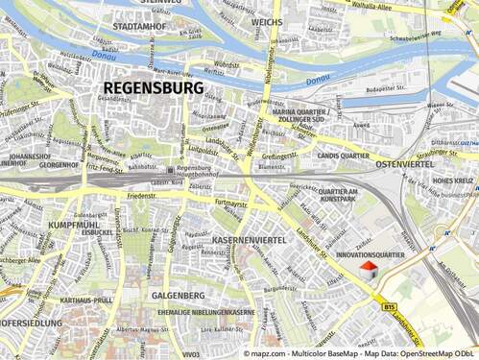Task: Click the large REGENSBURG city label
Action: tap(152, 87)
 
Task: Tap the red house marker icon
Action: tap(368, 273)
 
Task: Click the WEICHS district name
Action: tap(266, 20)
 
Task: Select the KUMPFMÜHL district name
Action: tap(72, 224)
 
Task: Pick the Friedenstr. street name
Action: tap(141, 196)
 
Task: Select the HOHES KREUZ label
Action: tap(452, 180)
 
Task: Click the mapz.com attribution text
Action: tap(272, 353)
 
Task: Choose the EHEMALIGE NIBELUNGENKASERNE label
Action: tap(204, 312)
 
